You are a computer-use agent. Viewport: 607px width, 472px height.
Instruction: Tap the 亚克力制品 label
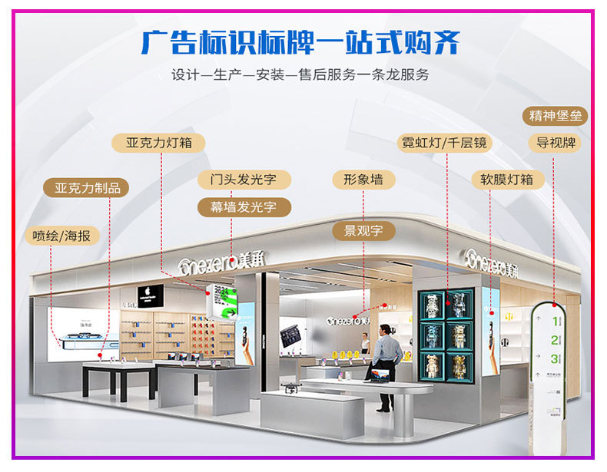pos(87,188)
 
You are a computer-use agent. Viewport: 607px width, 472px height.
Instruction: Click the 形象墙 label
pos(363,180)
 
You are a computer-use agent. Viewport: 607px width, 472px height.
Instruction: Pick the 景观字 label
pos(363,230)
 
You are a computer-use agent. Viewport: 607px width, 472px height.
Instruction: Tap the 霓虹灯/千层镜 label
pos(445,143)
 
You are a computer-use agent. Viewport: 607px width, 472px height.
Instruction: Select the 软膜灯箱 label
pos(507,180)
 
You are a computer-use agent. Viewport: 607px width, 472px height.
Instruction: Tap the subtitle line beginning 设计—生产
pos(300,75)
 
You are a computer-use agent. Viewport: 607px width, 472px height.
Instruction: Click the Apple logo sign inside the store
pos(150,295)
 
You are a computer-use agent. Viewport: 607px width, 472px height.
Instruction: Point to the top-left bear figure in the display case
pos(433,305)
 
